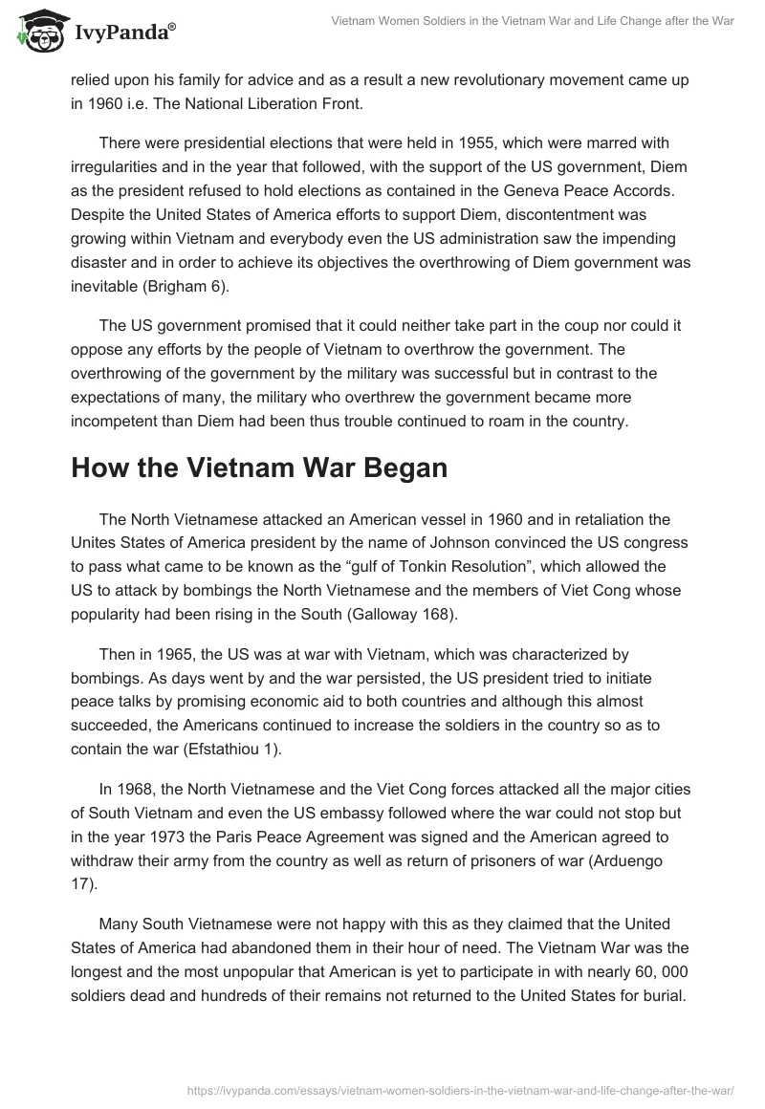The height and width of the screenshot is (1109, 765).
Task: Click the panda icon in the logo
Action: [x=35, y=32]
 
